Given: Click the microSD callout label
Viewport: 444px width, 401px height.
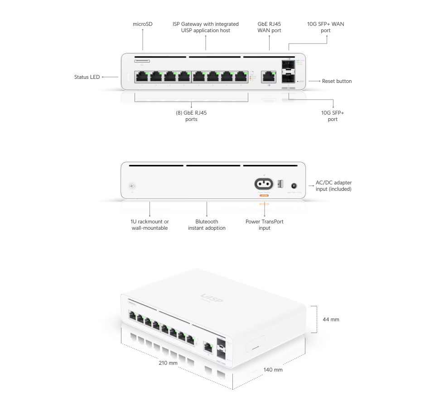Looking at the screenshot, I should pos(143,24).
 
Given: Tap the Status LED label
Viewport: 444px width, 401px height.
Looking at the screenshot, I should pos(87,77).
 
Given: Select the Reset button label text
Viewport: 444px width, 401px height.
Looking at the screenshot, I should pos(337,81).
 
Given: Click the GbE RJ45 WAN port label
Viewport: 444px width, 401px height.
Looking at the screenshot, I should pos(269,27).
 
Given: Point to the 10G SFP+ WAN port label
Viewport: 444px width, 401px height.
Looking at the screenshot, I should pos(326,27).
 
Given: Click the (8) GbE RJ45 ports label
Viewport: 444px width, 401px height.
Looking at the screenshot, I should pos(191,116).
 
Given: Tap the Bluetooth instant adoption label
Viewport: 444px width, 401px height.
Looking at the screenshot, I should pos(207,225).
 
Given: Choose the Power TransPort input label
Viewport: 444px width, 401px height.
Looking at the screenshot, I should pos(264,225).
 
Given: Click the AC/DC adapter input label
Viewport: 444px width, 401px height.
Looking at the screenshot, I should pos(333,186).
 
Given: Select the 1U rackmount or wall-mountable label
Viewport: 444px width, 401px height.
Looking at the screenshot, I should pos(150,225).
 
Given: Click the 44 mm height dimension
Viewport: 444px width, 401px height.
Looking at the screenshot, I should pos(331,319).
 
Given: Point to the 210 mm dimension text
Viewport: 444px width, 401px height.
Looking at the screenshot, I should pos(168,363).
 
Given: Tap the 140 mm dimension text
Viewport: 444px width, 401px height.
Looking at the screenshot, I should pos(273,370).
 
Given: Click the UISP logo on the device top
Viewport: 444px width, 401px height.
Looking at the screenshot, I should pos(212,298).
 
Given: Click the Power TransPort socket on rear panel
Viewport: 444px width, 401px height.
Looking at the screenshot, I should pos(264,184).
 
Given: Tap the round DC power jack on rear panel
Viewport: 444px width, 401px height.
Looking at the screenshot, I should pos(294,185).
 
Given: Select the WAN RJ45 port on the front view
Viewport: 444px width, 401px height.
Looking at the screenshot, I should pos(269,77).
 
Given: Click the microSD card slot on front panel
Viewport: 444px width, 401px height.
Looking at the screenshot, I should pos(142,60).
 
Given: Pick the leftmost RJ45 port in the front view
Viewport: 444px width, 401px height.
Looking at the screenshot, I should pos(142,77).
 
